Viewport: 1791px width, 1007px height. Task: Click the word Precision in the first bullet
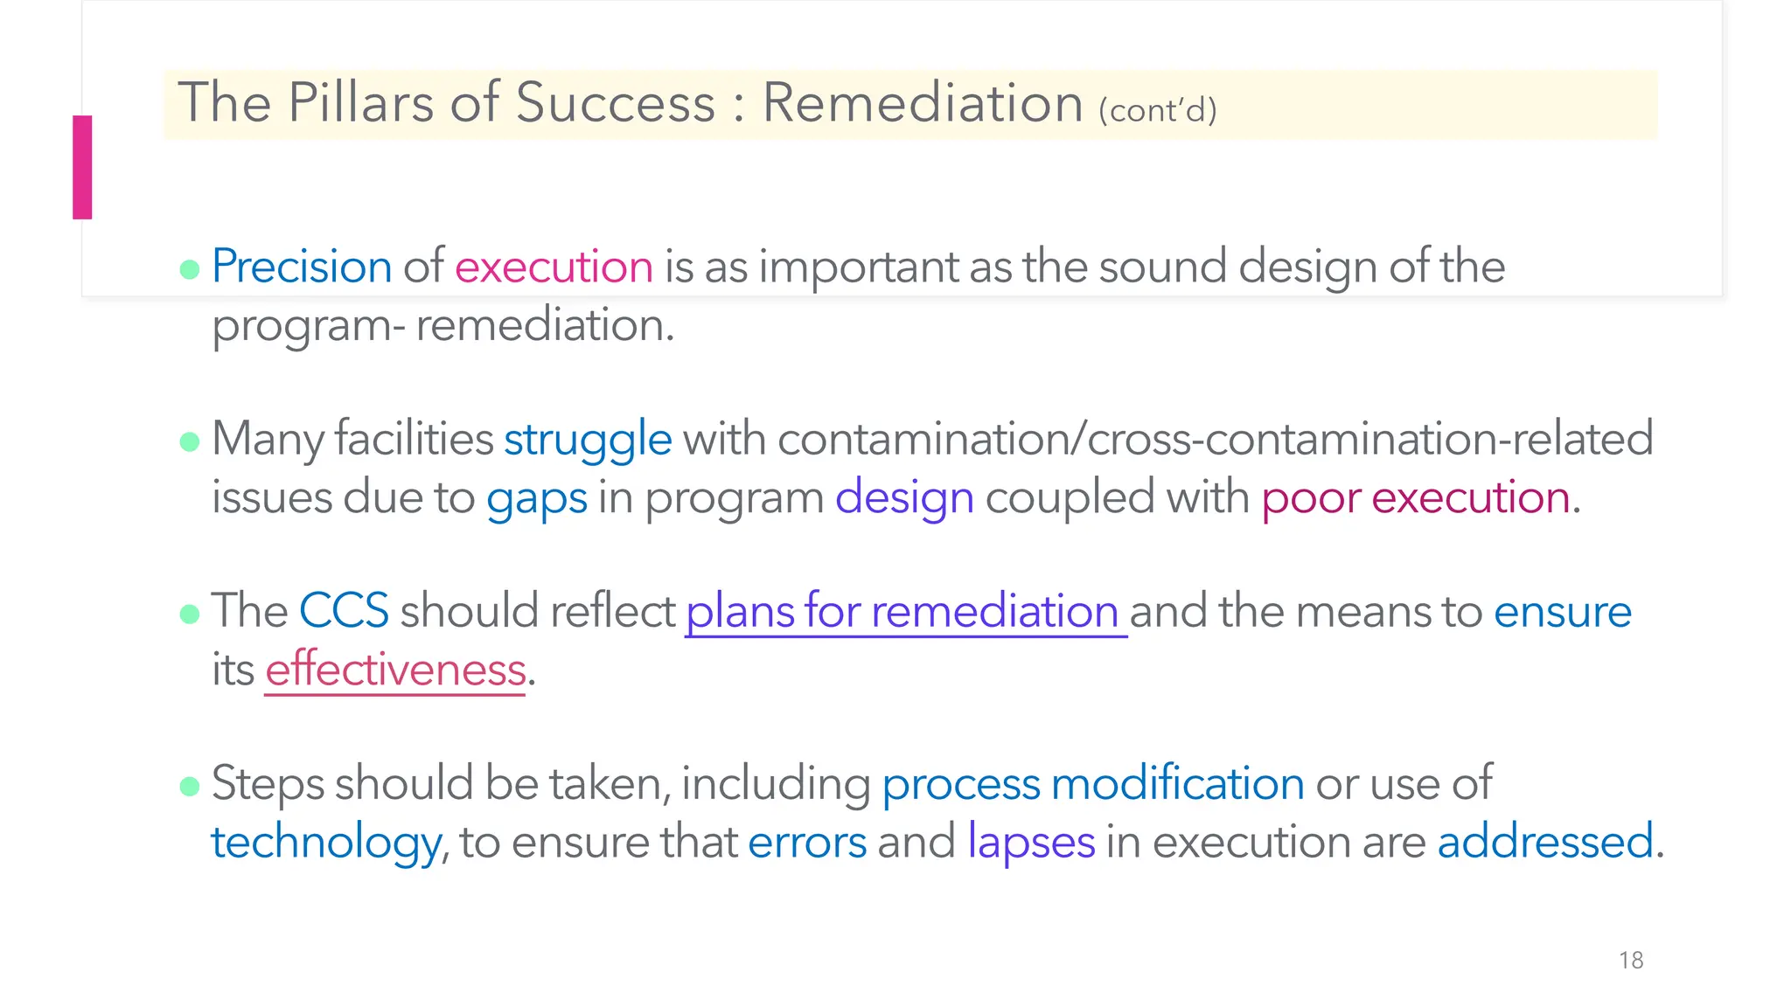coord(301,267)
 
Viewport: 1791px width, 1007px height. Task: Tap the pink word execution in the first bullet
coord(554,267)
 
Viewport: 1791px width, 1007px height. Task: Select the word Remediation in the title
coord(923,103)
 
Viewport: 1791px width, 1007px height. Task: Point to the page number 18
coord(1631,961)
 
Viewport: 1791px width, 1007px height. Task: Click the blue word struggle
coord(588,439)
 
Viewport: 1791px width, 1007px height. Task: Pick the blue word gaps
coord(536,498)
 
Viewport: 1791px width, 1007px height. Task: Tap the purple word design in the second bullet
coord(904,498)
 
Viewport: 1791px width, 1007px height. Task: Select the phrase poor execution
coord(1415,498)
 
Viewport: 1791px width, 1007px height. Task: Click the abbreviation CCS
coord(344,610)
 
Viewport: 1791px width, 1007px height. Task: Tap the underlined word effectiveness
coord(395,670)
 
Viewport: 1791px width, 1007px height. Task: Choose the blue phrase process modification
coord(1092,783)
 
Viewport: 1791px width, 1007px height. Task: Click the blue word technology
coord(325,843)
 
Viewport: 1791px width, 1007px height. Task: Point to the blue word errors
coord(807,843)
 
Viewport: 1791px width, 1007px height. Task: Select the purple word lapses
coord(1031,843)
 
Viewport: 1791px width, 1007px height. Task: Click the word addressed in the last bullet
coord(1545,843)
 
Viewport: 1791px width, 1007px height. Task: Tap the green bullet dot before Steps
coord(190,786)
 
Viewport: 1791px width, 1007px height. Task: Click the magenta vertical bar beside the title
coord(82,167)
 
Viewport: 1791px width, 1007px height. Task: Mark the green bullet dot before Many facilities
coord(190,441)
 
